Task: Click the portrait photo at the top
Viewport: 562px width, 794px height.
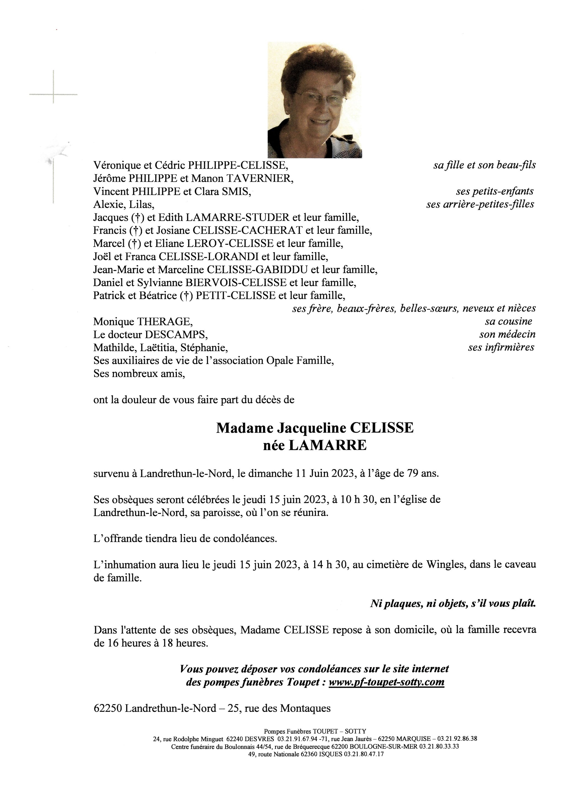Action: pyautogui.click(x=315, y=100)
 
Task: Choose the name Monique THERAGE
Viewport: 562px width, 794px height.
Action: pyautogui.click(x=143, y=322)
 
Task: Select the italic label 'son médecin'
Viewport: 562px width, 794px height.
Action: pyautogui.click(x=507, y=334)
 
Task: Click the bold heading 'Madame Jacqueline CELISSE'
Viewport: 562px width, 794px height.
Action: pyautogui.click(x=315, y=428)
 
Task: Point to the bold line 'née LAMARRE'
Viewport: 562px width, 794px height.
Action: pyautogui.click(x=315, y=446)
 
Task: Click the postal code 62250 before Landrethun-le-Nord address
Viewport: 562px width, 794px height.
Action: pyautogui.click(x=108, y=708)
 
